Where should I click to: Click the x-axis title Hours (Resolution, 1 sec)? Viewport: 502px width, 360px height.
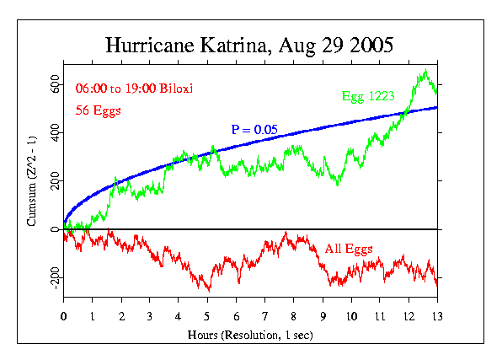250,336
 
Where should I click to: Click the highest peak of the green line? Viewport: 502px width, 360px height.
426,71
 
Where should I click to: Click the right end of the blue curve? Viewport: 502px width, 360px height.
436,107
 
